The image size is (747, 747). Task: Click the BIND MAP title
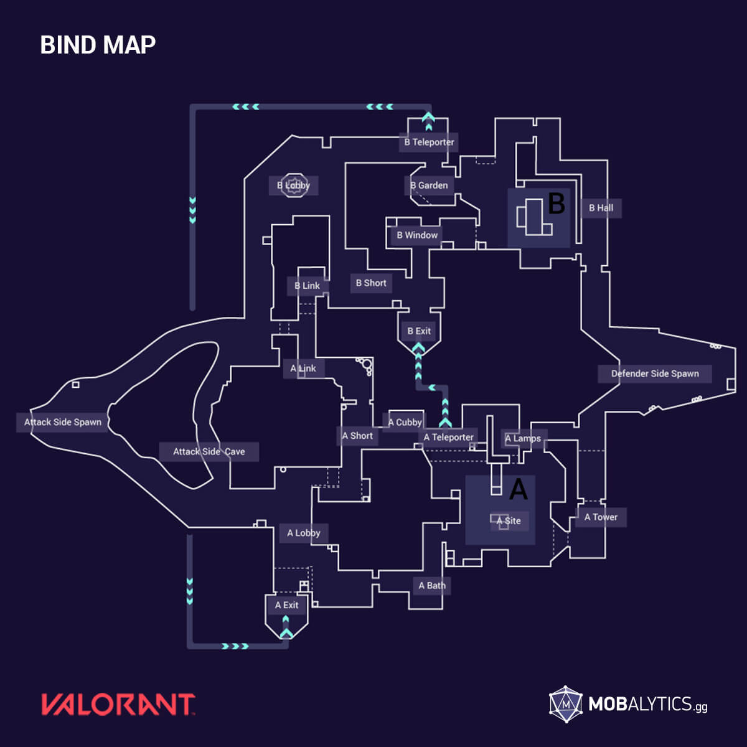pyautogui.click(x=98, y=45)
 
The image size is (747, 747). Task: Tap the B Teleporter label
pyautogui.click(x=429, y=142)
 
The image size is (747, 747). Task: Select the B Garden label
pyautogui.click(x=429, y=186)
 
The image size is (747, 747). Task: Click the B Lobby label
pyautogui.click(x=293, y=186)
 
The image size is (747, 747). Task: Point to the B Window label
pyautogui.click(x=417, y=235)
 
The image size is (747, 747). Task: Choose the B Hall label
pyautogui.click(x=601, y=208)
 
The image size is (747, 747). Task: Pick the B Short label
pyautogui.click(x=371, y=283)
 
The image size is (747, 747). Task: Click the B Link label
pyautogui.click(x=307, y=286)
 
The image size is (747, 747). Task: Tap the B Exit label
pyautogui.click(x=419, y=331)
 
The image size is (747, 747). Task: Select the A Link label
pyautogui.click(x=303, y=369)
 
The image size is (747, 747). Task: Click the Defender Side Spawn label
pyautogui.click(x=655, y=374)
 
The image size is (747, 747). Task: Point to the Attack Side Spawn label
pyautogui.click(x=62, y=422)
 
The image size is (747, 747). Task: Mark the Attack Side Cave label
pyautogui.click(x=209, y=452)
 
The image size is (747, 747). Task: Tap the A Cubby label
pyautogui.click(x=405, y=422)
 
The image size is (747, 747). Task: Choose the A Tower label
pyautogui.click(x=601, y=517)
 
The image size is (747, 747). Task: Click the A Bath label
pyautogui.click(x=432, y=585)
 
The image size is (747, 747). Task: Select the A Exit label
pyautogui.click(x=286, y=605)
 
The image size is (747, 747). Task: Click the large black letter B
pyautogui.click(x=556, y=203)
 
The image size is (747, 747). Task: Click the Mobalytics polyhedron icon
pyautogui.click(x=565, y=705)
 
